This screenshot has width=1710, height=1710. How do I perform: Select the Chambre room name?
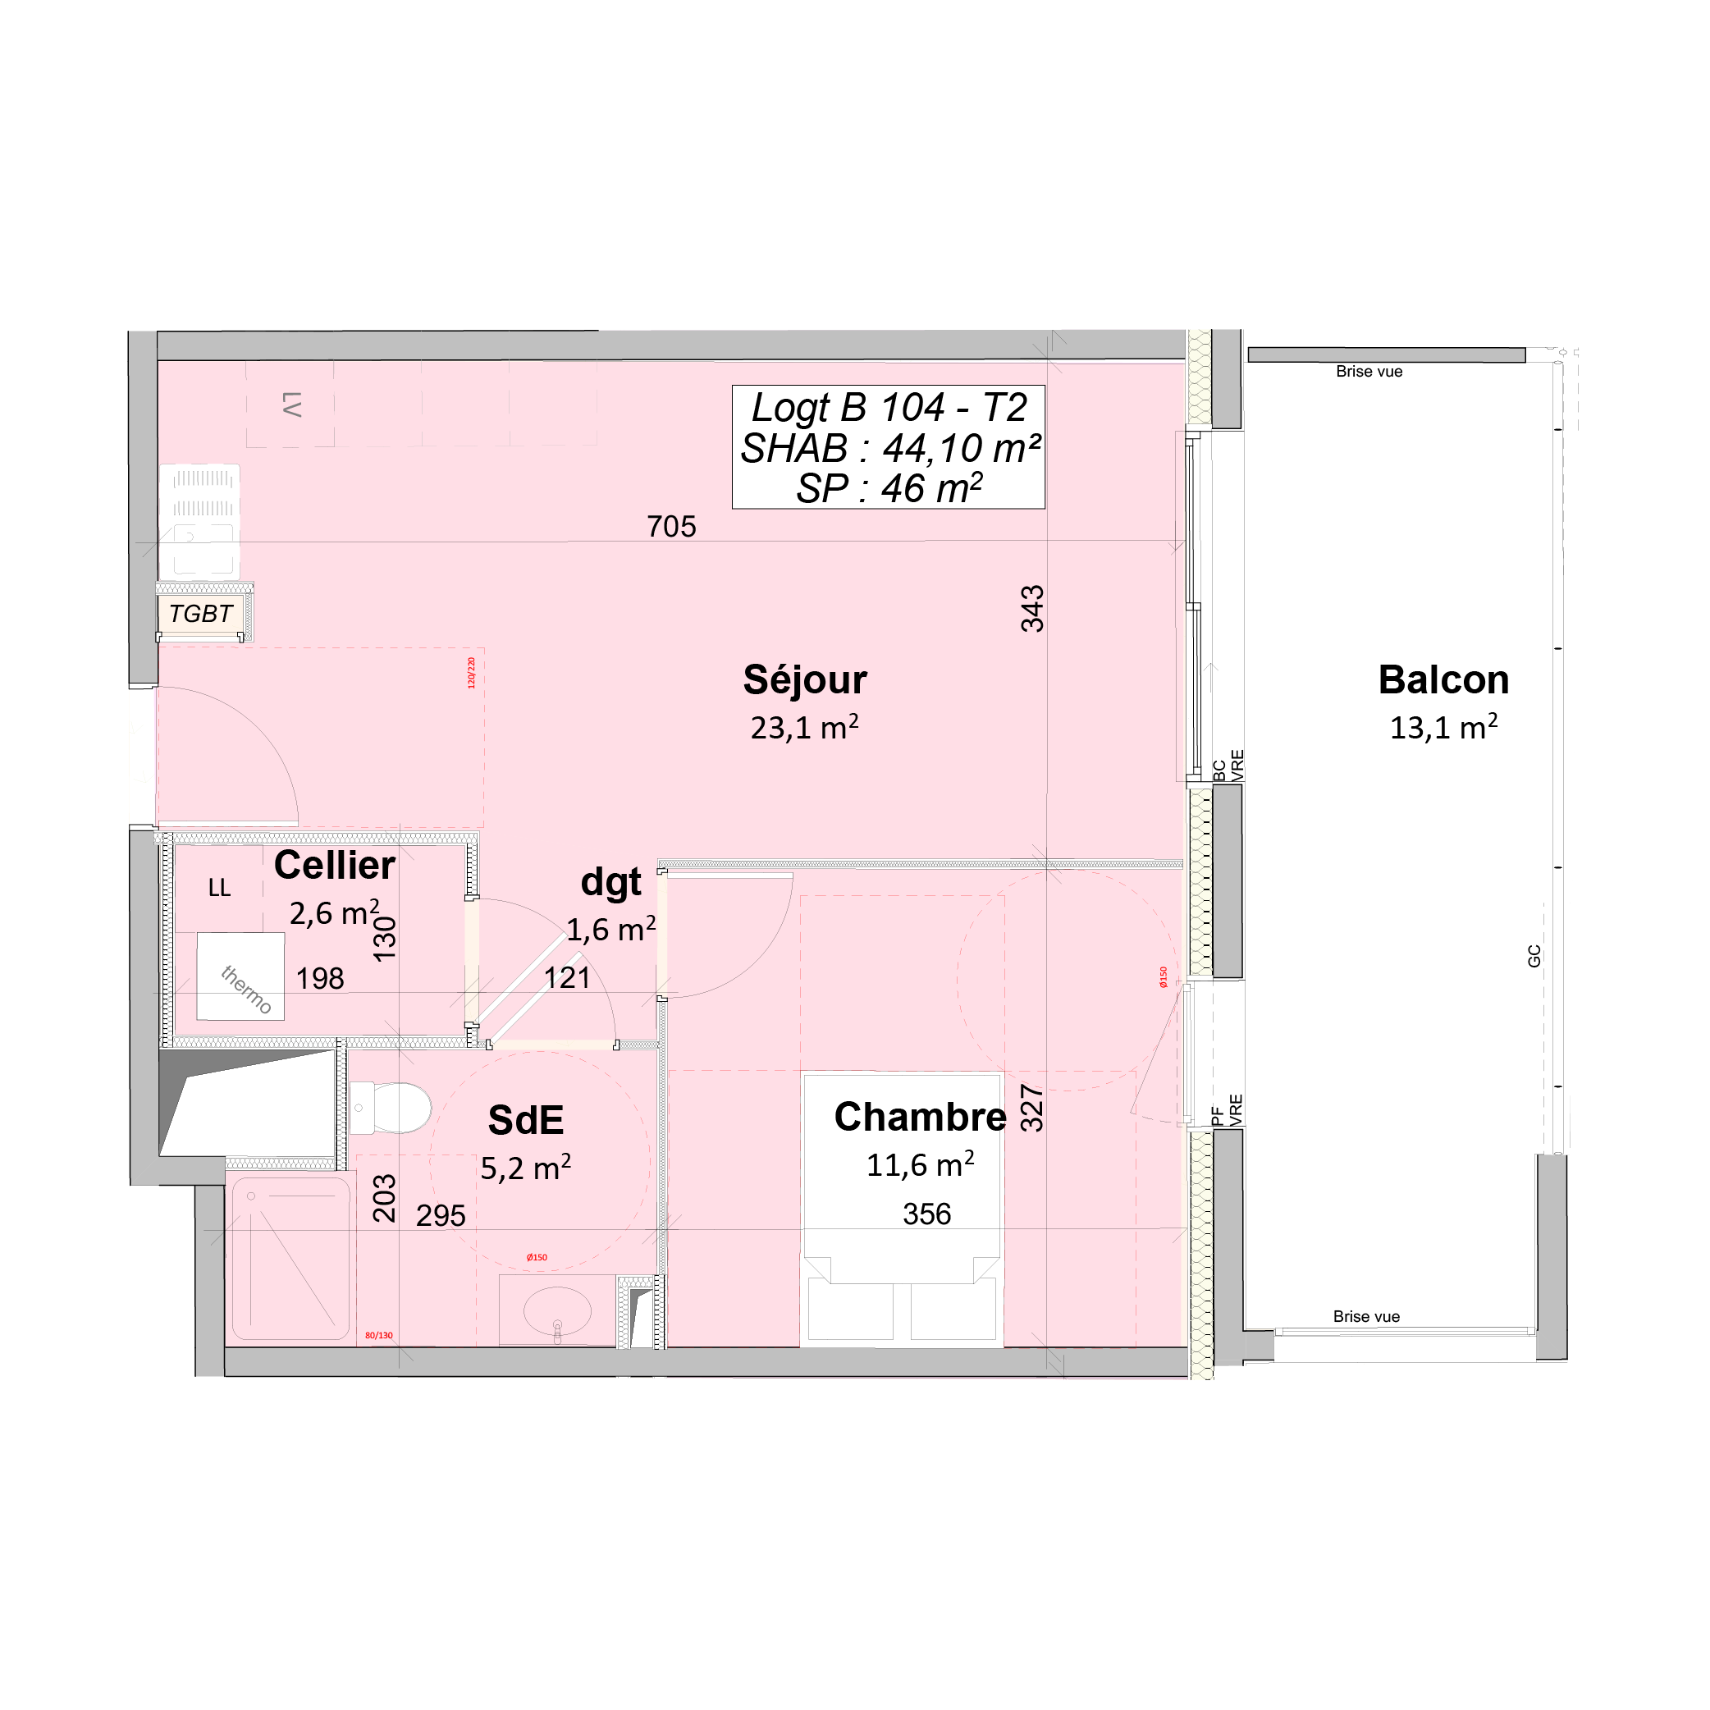[920, 1118]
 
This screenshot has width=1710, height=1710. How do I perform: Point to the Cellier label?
[335, 866]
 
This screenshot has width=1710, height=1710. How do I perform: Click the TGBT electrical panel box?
[201, 614]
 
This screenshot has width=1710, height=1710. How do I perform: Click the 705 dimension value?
[672, 528]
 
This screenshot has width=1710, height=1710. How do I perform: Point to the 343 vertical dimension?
[1033, 609]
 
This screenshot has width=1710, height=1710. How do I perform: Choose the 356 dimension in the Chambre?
[926, 1214]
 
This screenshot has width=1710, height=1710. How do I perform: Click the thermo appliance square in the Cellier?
[240, 976]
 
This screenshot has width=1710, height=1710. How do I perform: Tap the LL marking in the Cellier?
[220, 888]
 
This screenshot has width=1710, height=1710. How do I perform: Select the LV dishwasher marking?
[291, 405]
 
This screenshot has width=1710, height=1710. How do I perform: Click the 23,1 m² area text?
[805, 728]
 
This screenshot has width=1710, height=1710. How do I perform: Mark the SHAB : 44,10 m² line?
[889, 449]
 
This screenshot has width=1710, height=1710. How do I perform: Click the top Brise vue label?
[1369, 372]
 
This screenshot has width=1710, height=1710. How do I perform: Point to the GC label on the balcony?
[1534, 956]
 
